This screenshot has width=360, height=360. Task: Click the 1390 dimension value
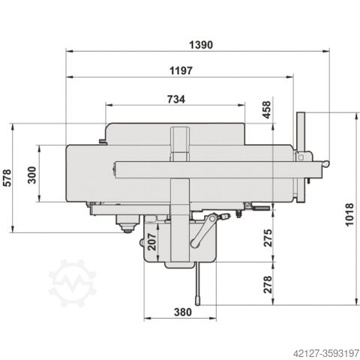click(201, 45)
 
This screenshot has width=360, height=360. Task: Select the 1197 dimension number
click(181, 70)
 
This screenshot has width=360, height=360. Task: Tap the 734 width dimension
click(176, 100)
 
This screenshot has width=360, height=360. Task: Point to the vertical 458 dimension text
click(267, 109)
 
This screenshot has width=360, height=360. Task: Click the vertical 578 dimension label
click(7, 178)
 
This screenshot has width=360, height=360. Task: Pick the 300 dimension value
click(31, 175)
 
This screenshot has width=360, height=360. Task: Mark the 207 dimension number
click(151, 241)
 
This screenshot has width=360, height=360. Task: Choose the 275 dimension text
click(268, 238)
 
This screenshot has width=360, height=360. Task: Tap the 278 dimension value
click(268, 284)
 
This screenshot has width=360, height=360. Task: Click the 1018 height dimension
click(349, 214)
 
